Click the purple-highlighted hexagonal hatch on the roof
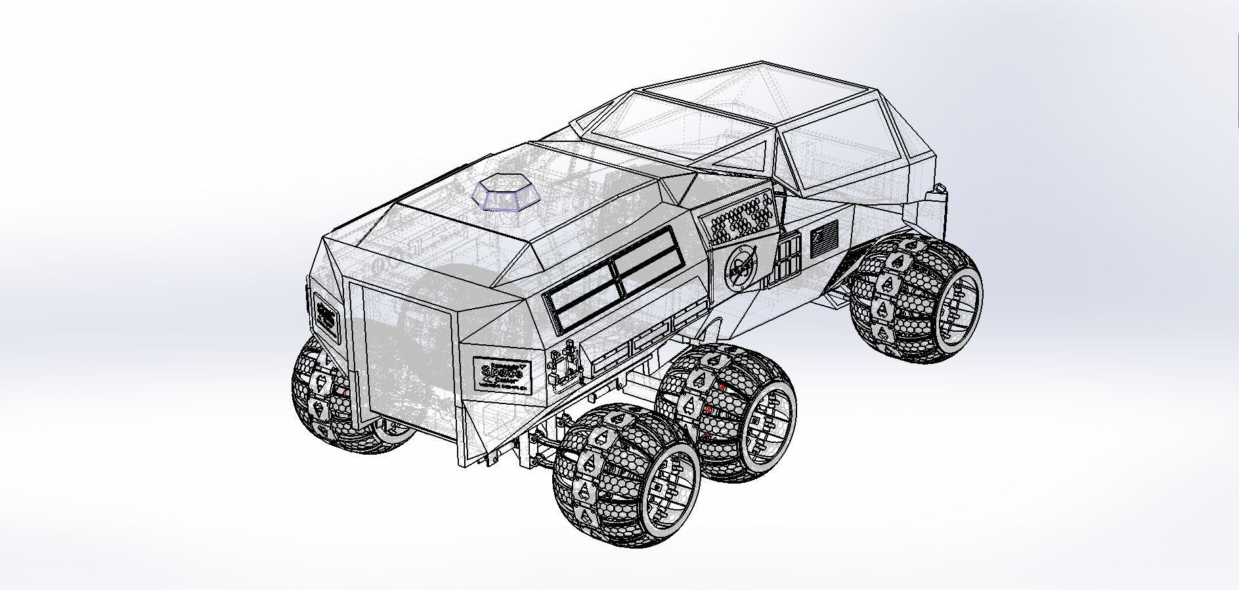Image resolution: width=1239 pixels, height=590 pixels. tap(506, 192)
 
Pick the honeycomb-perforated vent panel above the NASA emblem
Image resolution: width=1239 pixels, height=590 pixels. tap(739, 218)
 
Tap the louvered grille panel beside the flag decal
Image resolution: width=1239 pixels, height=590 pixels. tap(787, 259)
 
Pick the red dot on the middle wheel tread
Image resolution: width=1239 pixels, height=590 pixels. tap(721, 388)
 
